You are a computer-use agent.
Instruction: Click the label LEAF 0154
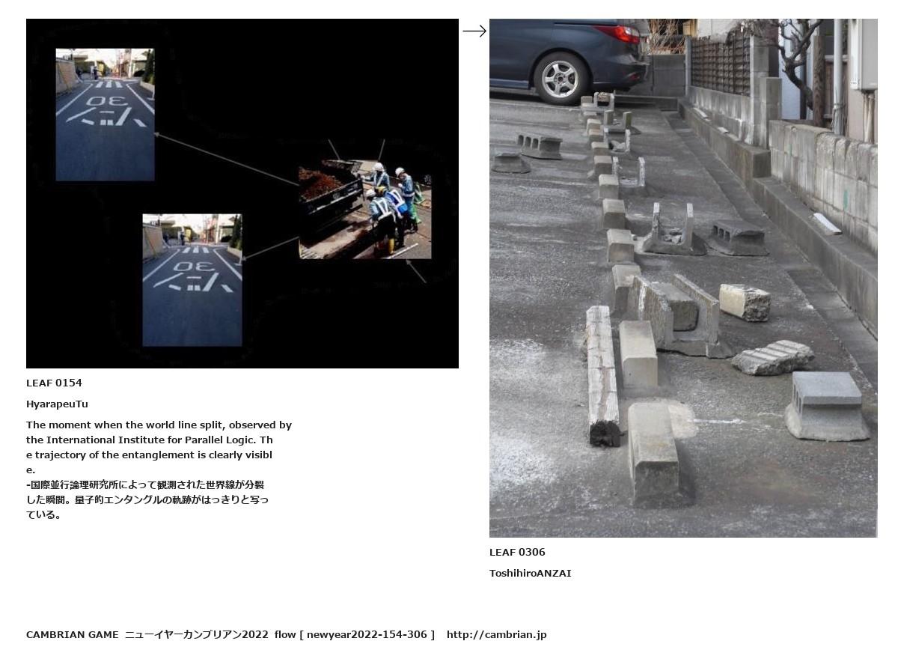pyautogui.click(x=54, y=383)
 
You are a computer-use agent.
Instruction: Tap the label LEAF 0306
pyautogui.click(x=517, y=552)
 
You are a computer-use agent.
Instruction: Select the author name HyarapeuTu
pyautogui.click(x=57, y=404)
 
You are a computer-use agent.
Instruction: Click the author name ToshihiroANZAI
pyautogui.click(x=531, y=573)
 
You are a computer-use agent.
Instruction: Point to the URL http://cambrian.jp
pyautogui.click(x=496, y=634)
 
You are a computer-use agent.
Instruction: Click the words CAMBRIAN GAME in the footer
pyautogui.click(x=73, y=634)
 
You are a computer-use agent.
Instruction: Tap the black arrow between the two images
pyautogui.click(x=474, y=31)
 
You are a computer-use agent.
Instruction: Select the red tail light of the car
pyautogui.click(x=617, y=33)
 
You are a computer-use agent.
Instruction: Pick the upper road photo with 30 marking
pyautogui.click(x=105, y=115)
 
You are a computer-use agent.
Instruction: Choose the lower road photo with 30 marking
pyautogui.click(x=192, y=280)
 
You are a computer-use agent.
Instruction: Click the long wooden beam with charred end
pyautogui.click(x=602, y=376)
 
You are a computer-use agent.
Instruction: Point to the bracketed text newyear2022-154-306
pyautogui.click(x=367, y=634)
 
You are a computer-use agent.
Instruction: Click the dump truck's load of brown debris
pyautogui.click(x=320, y=184)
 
